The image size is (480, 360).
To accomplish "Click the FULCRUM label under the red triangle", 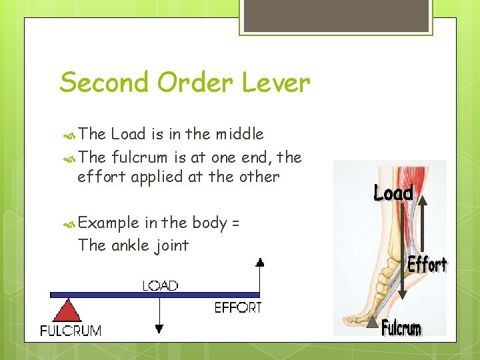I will (71, 330).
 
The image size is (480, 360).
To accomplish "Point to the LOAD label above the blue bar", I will (160, 285).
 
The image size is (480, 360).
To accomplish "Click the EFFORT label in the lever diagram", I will (238, 307).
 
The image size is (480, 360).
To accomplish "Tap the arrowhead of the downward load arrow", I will (159, 327).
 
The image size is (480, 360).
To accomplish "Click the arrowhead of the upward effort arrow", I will (260, 263).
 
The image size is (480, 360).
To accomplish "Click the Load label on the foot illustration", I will (393, 193).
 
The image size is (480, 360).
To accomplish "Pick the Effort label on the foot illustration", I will (427, 265).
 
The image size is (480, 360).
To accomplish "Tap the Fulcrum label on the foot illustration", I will (401, 328).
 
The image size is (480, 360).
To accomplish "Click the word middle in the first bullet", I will (239, 134).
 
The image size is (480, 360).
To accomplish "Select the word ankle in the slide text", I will (133, 245).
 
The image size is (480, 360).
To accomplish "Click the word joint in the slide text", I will (173, 245).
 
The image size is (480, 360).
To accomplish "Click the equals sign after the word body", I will (235, 223).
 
